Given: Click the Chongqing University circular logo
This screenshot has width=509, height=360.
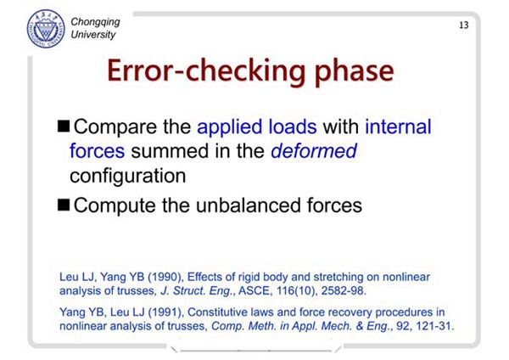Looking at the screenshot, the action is tap(46, 29).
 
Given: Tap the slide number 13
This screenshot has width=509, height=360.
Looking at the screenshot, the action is tap(464, 25).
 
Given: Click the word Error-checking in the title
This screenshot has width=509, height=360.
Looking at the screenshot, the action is tap(206, 71).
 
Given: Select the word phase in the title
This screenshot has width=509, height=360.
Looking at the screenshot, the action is tap(354, 72).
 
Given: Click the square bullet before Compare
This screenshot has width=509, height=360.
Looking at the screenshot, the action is tap(64, 126).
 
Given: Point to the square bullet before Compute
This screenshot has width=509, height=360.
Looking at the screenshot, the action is tap(64, 205).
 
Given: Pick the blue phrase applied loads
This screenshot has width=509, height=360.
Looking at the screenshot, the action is tap(257, 127).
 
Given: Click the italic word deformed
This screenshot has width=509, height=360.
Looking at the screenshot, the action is tap(314, 151).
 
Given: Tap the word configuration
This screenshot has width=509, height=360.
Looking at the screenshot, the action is tap(128, 177).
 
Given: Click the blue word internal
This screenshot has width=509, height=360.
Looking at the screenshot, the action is tap(399, 127).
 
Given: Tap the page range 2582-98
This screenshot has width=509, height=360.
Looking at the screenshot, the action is tap(344, 290).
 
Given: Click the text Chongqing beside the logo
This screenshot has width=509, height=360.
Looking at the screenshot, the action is tap(95, 22).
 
